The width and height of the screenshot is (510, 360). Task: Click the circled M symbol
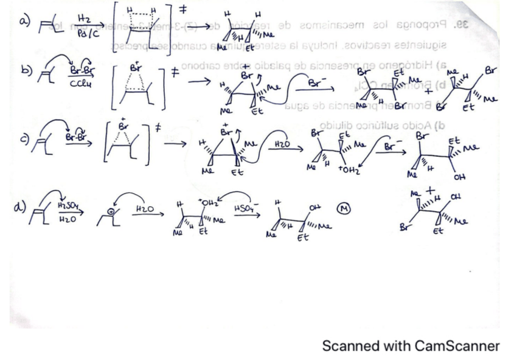(x=342, y=210)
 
